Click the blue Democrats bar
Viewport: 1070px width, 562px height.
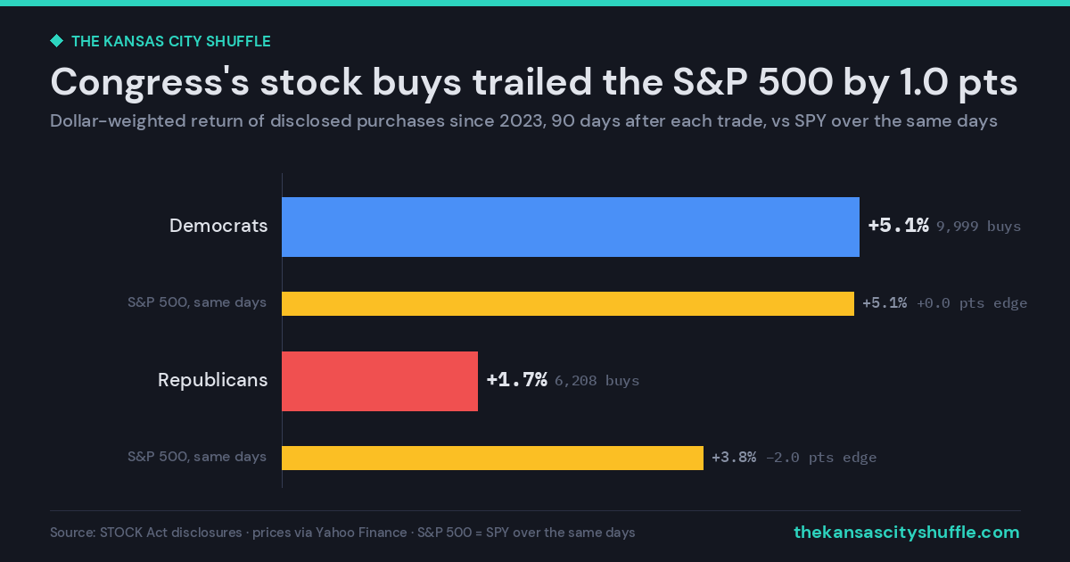571,227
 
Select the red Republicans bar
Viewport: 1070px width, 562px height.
380,382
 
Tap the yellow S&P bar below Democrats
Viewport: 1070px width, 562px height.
568,303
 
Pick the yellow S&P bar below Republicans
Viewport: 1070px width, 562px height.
492,458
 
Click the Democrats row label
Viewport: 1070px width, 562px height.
218,226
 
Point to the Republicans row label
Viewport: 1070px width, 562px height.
212,380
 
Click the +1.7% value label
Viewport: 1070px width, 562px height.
517,380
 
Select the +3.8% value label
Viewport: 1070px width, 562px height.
734,458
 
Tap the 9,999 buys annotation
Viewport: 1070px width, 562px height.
978,226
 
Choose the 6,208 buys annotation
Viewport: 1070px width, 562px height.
597,380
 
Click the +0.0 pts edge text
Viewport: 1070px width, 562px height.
972,303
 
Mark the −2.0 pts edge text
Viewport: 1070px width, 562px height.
821,458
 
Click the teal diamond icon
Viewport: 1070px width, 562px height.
57,41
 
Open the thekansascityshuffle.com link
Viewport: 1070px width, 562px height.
907,532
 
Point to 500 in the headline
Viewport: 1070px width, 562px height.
795,82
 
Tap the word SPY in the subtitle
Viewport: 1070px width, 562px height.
811,121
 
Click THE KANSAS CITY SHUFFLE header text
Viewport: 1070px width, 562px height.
171,41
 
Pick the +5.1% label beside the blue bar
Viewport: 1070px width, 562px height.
899,225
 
